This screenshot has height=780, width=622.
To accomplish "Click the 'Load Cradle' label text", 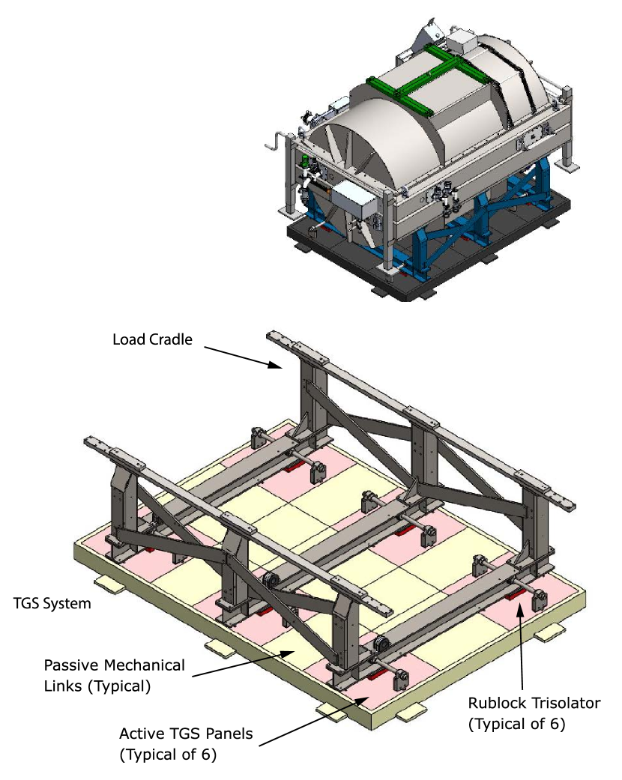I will click(152, 339).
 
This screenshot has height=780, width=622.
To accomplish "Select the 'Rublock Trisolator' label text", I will click(534, 703).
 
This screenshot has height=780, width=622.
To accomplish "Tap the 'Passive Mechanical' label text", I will click(114, 665).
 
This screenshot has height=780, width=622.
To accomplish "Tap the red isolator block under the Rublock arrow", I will click(517, 597).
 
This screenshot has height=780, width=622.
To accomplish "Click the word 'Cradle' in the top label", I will click(171, 339).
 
